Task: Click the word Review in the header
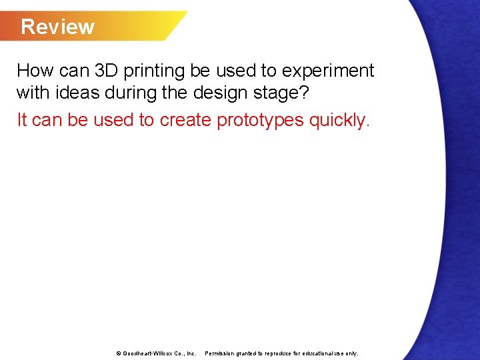[x=58, y=27]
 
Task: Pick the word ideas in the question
[x=79, y=94]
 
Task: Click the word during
[x=133, y=94]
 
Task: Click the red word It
[x=22, y=120]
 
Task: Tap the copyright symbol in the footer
[x=119, y=353]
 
